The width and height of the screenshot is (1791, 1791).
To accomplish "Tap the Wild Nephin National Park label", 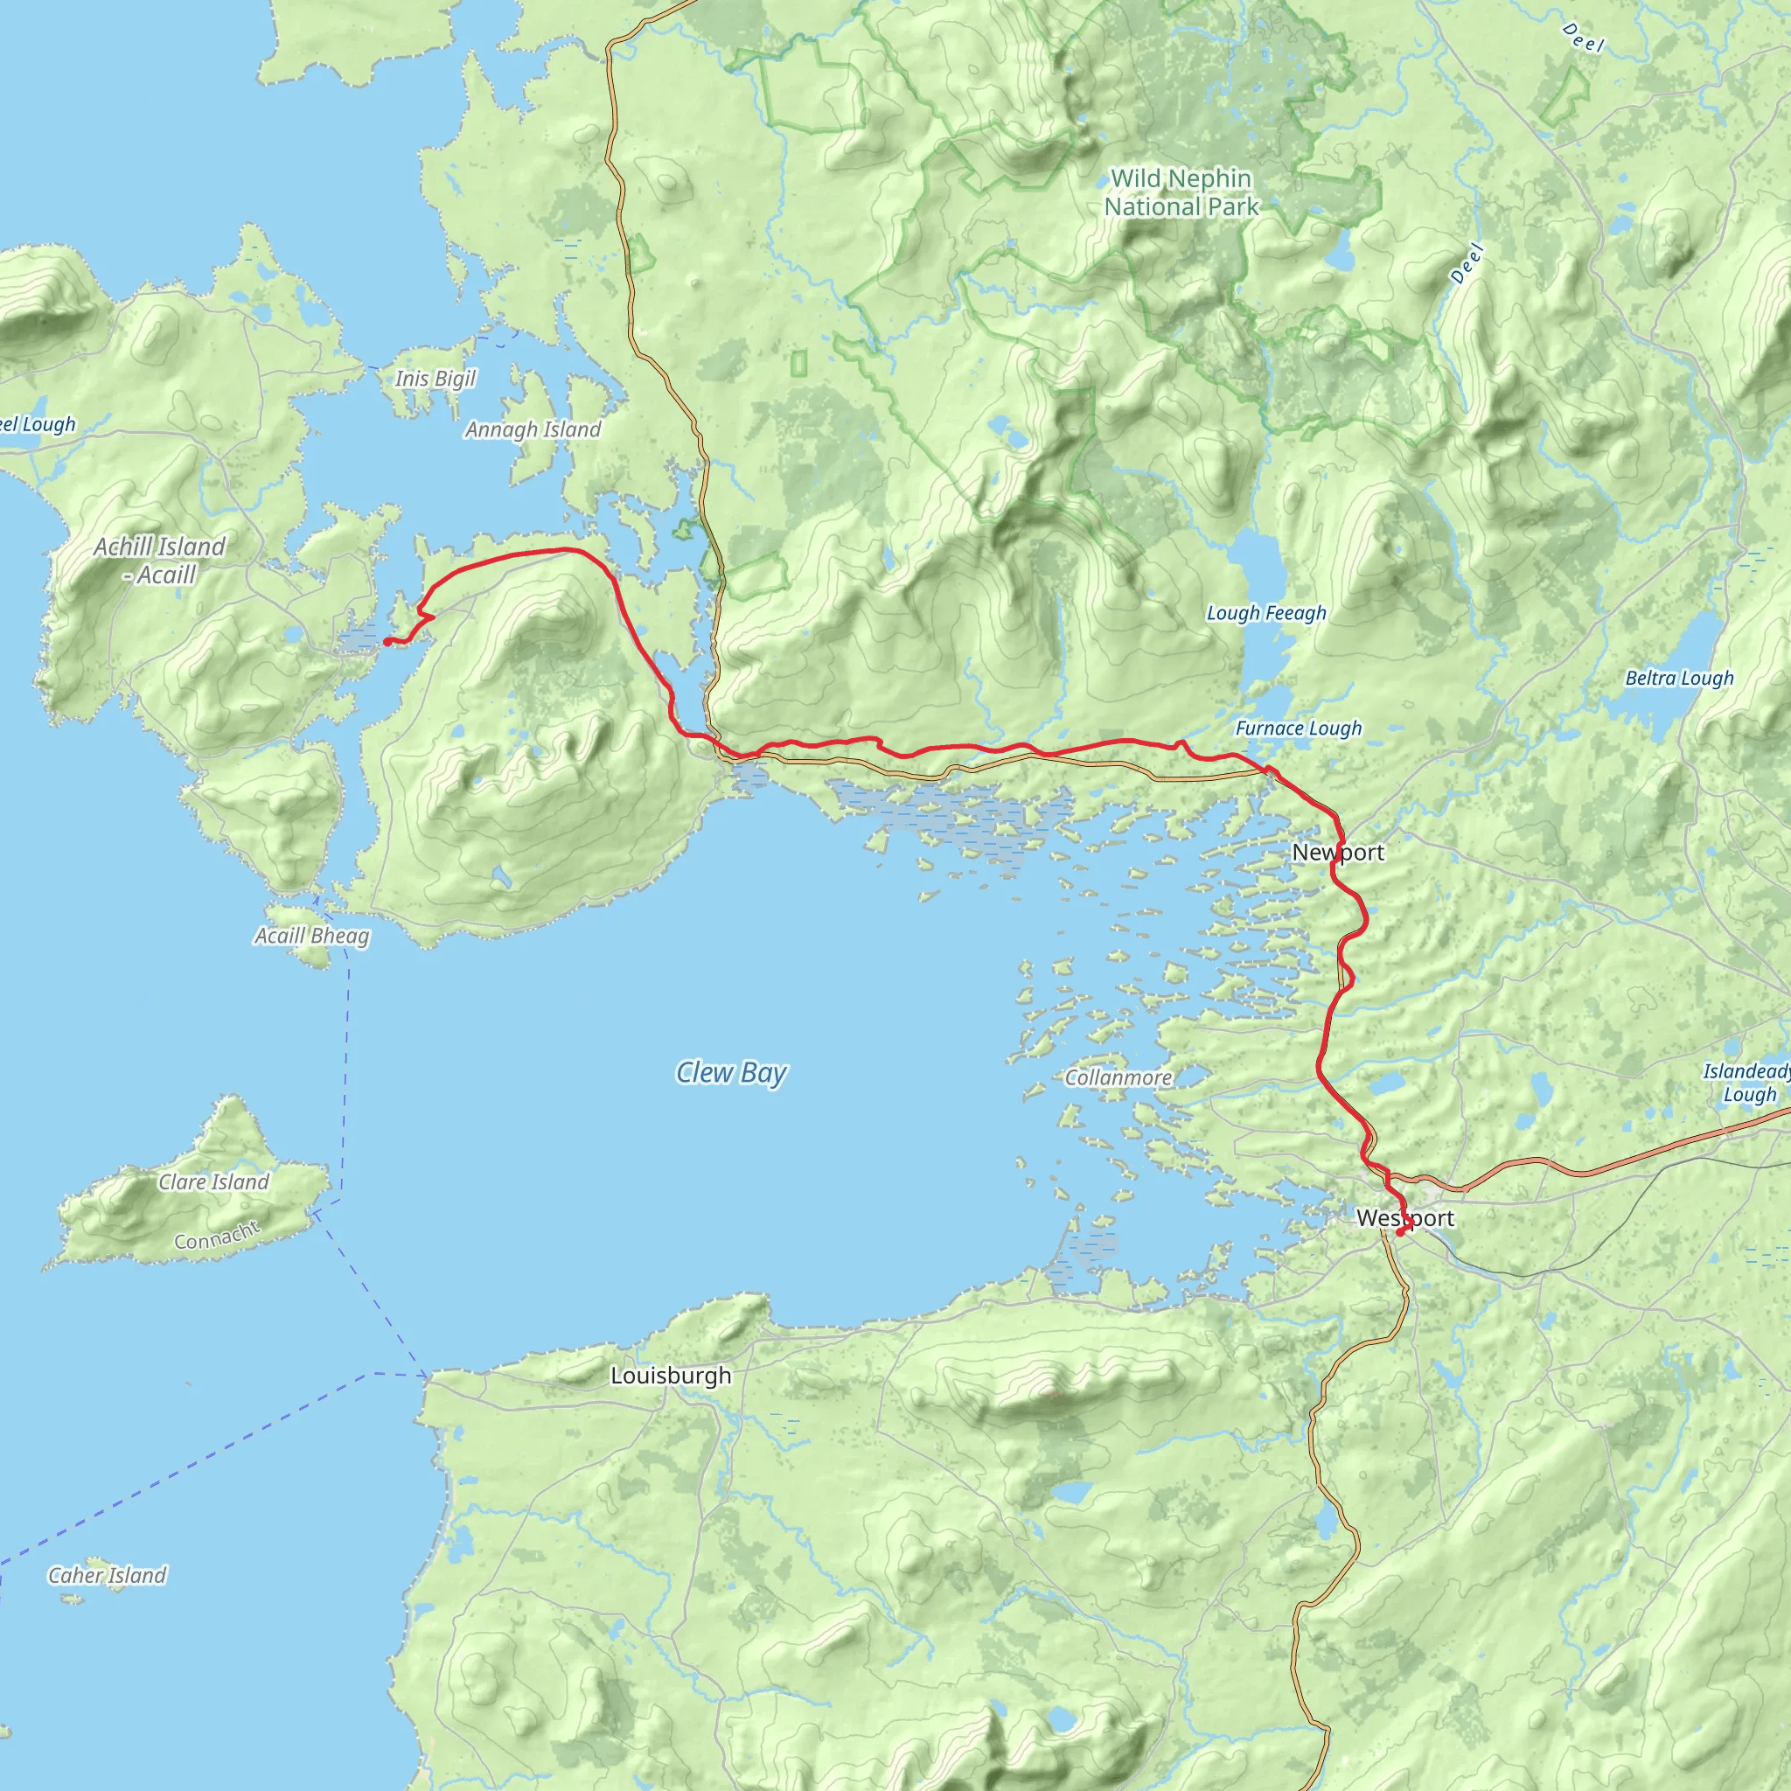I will [1180, 192].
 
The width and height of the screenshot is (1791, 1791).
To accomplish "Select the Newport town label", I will [1338, 852].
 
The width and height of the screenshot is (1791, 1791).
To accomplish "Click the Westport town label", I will [1404, 1218].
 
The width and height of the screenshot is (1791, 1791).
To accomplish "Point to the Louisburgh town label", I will [670, 1376].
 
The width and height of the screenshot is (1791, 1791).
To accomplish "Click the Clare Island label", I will [213, 1182].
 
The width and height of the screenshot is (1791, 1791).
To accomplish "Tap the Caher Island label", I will [107, 1575].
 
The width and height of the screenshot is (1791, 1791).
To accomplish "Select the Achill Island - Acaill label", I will [159, 560].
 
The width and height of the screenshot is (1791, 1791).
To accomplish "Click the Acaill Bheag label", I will [311, 936].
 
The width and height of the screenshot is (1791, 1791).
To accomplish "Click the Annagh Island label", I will [533, 429].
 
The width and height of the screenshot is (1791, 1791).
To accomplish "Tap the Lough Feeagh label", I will [1265, 613].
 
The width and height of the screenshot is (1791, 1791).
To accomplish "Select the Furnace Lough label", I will [1298, 728].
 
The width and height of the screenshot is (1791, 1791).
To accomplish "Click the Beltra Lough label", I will [1679, 679].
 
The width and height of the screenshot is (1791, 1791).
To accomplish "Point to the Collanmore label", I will [1118, 1077].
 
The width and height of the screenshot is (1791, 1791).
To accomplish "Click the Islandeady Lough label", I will [1746, 1083].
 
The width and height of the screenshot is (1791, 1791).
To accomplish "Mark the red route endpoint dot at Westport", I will [1399, 1232].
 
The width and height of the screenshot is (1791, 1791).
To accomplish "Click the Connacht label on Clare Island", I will [218, 1236].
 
